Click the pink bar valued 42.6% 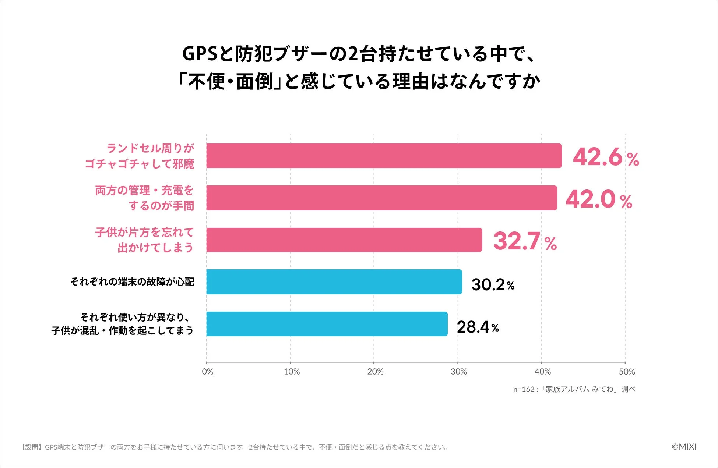click(384, 156)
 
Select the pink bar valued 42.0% click(381, 198)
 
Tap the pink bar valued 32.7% click(344, 240)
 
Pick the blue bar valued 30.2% click(334, 282)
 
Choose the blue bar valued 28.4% click(327, 324)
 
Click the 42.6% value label click(606, 157)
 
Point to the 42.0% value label click(599, 199)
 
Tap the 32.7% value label click(525, 241)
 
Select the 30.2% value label click(493, 284)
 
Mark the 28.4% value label click(478, 327)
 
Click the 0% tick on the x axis click(207, 372)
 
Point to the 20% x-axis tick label click(375, 372)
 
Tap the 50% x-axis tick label click(626, 372)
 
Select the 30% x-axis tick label click(458, 372)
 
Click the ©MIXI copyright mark click(684, 447)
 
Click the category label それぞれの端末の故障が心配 click(132, 282)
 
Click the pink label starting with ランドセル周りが click(150, 149)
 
